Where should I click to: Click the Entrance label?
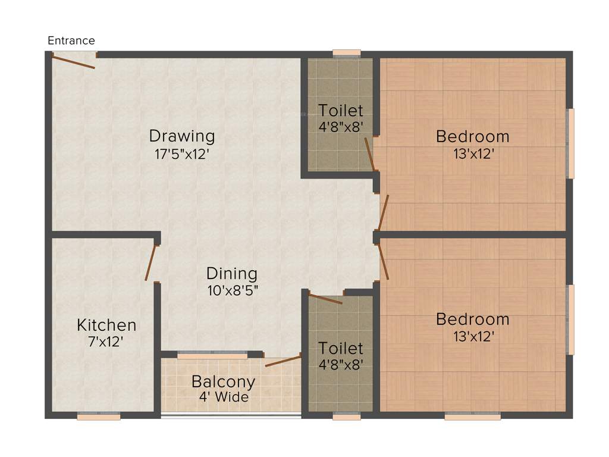[71, 40]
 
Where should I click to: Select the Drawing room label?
[181, 136]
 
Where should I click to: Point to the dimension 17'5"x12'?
[181, 154]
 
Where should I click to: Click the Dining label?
[232, 274]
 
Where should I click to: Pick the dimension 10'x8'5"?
[232, 291]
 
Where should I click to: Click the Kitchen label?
[106, 325]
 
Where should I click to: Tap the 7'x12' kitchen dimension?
[106, 342]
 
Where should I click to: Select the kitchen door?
[150, 262]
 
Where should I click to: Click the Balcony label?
[223, 381]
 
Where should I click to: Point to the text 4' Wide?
[224, 397]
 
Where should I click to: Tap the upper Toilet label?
[340, 111]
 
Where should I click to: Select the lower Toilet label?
[340, 348]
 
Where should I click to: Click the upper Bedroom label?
[473, 136]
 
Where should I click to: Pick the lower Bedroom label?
[473, 319]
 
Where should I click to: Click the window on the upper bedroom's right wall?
[571, 143]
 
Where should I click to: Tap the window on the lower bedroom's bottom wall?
[473, 417]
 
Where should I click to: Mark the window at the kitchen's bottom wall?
[99, 417]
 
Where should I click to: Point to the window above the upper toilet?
[347, 54]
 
